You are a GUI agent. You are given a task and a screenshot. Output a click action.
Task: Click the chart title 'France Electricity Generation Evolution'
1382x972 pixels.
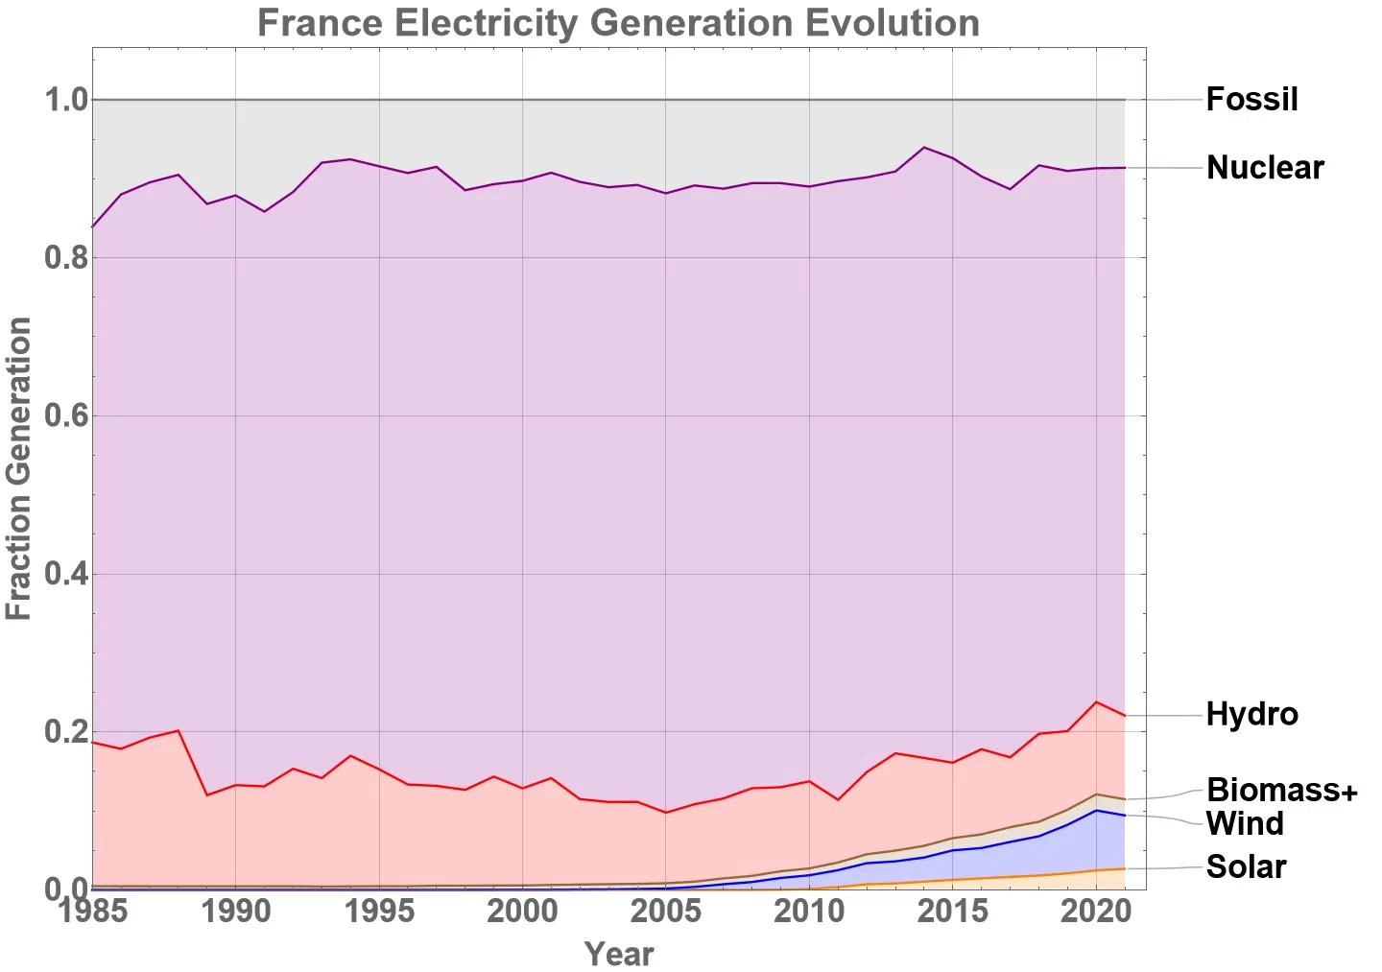tap(618, 22)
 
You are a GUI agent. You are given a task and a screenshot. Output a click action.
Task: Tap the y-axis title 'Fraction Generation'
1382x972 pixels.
tap(19, 468)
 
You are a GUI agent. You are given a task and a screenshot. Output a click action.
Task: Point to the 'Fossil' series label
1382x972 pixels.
tap(1251, 99)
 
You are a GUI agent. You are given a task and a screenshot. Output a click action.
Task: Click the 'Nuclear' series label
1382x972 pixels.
tap(1265, 168)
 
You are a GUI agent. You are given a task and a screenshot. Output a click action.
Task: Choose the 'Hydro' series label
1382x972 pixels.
tap(1251, 714)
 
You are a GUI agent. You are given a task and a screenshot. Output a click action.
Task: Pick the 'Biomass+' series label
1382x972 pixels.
tap(1282, 790)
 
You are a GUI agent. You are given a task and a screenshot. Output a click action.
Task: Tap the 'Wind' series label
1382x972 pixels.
tap(1245, 823)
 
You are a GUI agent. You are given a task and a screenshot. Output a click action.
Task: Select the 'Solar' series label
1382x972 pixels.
tap(1246, 866)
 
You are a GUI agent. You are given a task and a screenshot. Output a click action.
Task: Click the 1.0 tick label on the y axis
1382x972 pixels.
tap(65, 100)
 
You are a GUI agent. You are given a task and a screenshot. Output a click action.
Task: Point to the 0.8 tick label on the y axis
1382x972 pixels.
tap(65, 258)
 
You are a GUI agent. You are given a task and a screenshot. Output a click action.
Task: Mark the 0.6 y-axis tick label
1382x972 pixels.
tap(65, 415)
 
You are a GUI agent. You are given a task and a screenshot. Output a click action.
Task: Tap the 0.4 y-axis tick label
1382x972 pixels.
tap(65, 574)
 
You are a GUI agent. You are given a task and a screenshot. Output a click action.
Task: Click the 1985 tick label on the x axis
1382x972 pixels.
tap(93, 910)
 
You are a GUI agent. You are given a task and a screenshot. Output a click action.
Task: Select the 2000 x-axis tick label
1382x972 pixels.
tap(522, 910)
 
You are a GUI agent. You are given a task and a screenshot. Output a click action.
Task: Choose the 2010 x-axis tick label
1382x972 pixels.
tap(809, 910)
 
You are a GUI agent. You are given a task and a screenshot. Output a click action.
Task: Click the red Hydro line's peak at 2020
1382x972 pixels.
tap(1096, 701)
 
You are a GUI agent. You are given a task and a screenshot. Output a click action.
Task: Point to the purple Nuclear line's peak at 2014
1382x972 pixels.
tap(923, 147)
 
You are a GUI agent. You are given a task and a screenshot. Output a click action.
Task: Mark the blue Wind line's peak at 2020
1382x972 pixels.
tap(1096, 810)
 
